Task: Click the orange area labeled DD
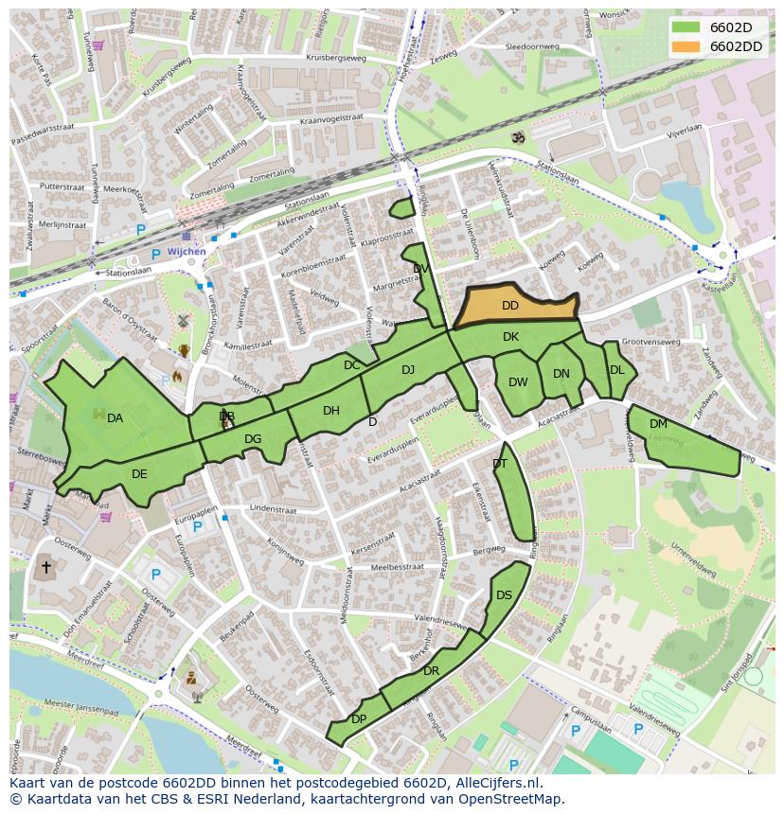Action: tap(510, 306)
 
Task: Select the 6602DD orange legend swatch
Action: tap(686, 46)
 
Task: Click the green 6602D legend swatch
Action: tap(686, 27)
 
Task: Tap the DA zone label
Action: tap(115, 418)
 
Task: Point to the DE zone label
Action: tap(139, 474)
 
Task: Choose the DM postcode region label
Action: tap(658, 424)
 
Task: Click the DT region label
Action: tap(500, 463)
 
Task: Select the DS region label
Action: tap(504, 595)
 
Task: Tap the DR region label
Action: tap(432, 671)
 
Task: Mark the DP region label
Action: tap(359, 719)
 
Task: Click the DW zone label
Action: tap(518, 382)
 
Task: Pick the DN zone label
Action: tap(561, 374)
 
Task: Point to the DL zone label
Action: tap(616, 370)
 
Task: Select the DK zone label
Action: tap(510, 337)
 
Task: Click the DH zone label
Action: tap(330, 411)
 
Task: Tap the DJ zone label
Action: tap(408, 370)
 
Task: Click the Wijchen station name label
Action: tap(186, 253)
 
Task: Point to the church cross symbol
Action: tap(45, 568)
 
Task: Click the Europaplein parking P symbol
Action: tap(196, 527)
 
